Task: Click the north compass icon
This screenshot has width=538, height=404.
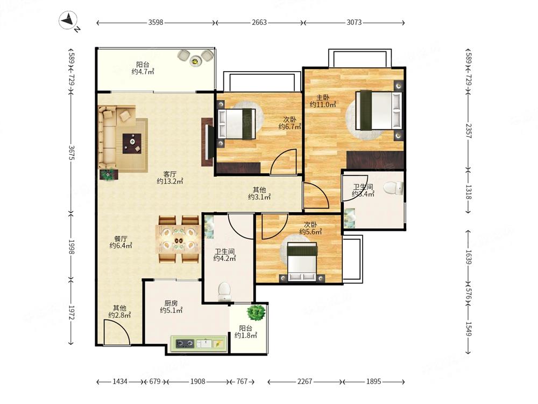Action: [x=68, y=20]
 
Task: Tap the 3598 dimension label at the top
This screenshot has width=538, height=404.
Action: [x=155, y=22]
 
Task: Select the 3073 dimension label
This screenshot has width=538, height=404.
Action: [x=354, y=22]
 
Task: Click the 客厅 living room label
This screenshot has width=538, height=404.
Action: [x=169, y=174]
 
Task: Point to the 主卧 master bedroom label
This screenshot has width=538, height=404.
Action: [x=322, y=97]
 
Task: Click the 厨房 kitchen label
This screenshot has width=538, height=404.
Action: [x=171, y=303]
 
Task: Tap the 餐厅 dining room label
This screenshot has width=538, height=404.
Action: [x=121, y=239]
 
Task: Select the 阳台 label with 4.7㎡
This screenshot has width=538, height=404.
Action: [x=143, y=65]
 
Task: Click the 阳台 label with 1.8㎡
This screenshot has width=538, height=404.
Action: [x=246, y=329]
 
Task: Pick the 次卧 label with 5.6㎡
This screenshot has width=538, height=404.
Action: [x=310, y=225]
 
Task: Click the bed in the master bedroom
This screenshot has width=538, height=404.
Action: [x=379, y=110]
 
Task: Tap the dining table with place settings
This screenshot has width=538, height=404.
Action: [x=178, y=239]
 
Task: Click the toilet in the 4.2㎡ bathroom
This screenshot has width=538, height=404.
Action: [x=224, y=290]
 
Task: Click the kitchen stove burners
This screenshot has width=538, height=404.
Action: [x=185, y=343]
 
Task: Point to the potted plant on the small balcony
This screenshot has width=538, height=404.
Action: [x=256, y=312]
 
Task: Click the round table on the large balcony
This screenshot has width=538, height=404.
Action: [x=195, y=61]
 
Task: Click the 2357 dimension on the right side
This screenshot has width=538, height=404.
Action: [x=469, y=130]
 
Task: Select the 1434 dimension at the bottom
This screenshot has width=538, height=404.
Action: [x=120, y=381]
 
